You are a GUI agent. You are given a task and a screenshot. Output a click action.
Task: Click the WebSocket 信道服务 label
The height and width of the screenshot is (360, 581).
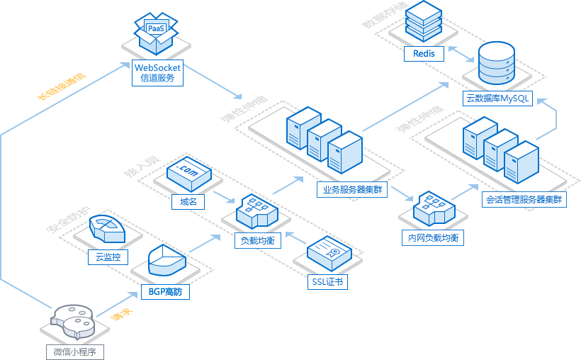[x=157, y=72]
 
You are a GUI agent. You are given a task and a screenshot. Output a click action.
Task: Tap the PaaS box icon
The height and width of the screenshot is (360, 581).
[x=157, y=32]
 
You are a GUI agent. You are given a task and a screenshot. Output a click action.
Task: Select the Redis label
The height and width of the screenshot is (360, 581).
[x=424, y=54]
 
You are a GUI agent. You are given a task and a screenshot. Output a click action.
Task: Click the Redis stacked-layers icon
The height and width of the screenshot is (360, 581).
[x=424, y=21]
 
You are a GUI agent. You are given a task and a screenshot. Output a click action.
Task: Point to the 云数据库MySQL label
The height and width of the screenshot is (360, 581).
[x=498, y=99]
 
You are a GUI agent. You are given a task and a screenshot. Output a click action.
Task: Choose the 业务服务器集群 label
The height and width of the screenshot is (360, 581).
[x=352, y=189]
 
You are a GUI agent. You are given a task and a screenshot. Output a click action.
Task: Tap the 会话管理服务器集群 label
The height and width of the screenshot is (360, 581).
[x=524, y=200]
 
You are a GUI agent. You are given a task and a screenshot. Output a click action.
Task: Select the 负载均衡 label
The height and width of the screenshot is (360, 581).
[x=257, y=240]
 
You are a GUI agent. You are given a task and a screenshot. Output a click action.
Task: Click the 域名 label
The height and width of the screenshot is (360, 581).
[x=188, y=202]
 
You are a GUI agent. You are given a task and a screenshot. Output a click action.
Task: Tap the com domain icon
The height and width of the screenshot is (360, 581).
[x=188, y=172]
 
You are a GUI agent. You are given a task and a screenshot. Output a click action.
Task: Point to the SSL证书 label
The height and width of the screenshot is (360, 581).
[x=328, y=282]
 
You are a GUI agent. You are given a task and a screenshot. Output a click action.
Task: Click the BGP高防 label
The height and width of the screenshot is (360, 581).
[x=167, y=291]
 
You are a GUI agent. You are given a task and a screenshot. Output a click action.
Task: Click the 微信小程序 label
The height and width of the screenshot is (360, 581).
[x=74, y=351]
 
